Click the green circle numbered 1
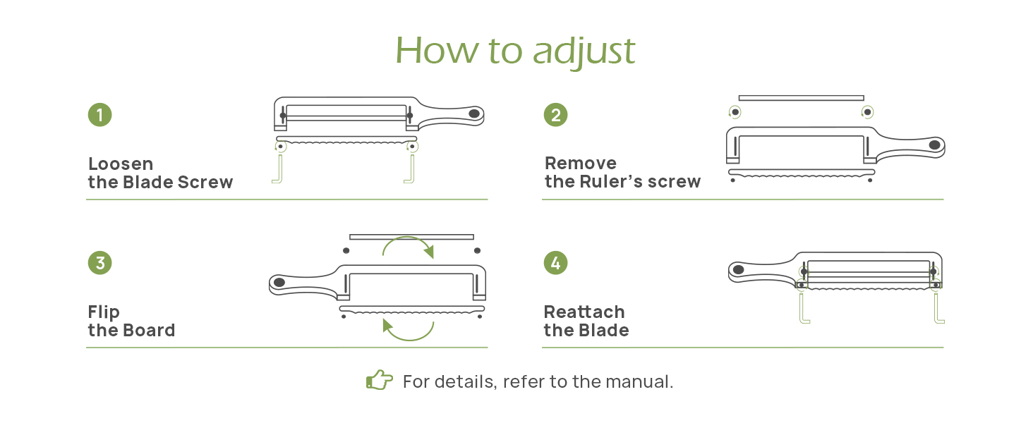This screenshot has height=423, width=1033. click(x=100, y=115)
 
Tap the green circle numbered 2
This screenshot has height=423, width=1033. click(x=556, y=115)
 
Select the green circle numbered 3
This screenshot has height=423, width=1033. click(x=100, y=263)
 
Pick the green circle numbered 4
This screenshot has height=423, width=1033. click(x=556, y=263)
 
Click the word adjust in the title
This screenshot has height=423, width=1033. click(x=584, y=51)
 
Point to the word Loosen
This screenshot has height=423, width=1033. click(x=121, y=164)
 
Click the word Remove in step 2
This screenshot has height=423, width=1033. click(x=581, y=164)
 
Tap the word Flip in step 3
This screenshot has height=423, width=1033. click(x=104, y=312)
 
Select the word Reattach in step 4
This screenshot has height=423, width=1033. click(x=584, y=312)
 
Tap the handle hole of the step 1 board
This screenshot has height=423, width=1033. click(x=474, y=113)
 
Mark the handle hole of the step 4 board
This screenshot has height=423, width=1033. click(x=739, y=269)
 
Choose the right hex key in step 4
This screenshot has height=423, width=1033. click(x=938, y=310)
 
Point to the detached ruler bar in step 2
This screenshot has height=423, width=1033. click(x=801, y=97)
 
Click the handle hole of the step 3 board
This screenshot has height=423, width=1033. click(x=279, y=283)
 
